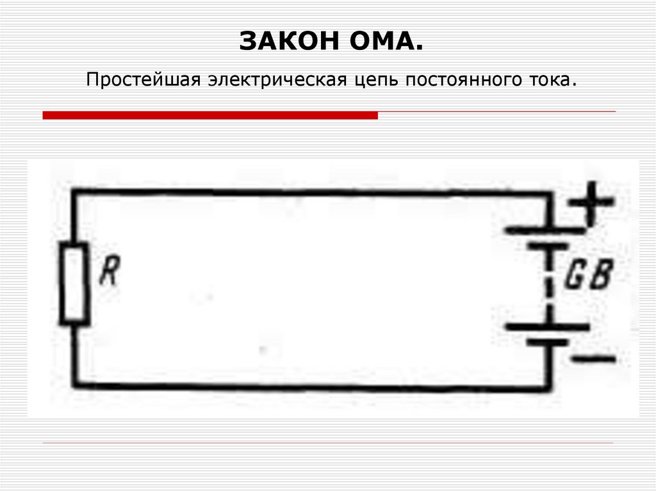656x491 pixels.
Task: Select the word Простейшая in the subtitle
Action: [x=142, y=81]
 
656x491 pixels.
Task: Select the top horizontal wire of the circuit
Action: [x=307, y=191]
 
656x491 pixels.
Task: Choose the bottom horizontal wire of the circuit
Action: [x=307, y=386]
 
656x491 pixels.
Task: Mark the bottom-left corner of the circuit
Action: [x=75, y=385]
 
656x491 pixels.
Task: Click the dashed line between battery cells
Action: [x=548, y=285]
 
